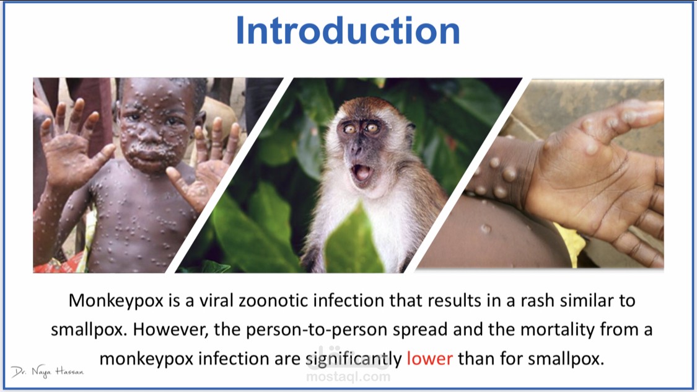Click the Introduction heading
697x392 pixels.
point(348,30)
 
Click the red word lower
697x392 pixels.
point(429,359)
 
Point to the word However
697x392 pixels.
point(171,330)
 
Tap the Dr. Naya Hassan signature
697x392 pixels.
point(47,372)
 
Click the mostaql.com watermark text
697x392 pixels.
point(348,377)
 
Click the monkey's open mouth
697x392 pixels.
point(362,172)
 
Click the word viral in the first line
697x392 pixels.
point(216,301)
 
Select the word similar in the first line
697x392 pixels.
point(588,301)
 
